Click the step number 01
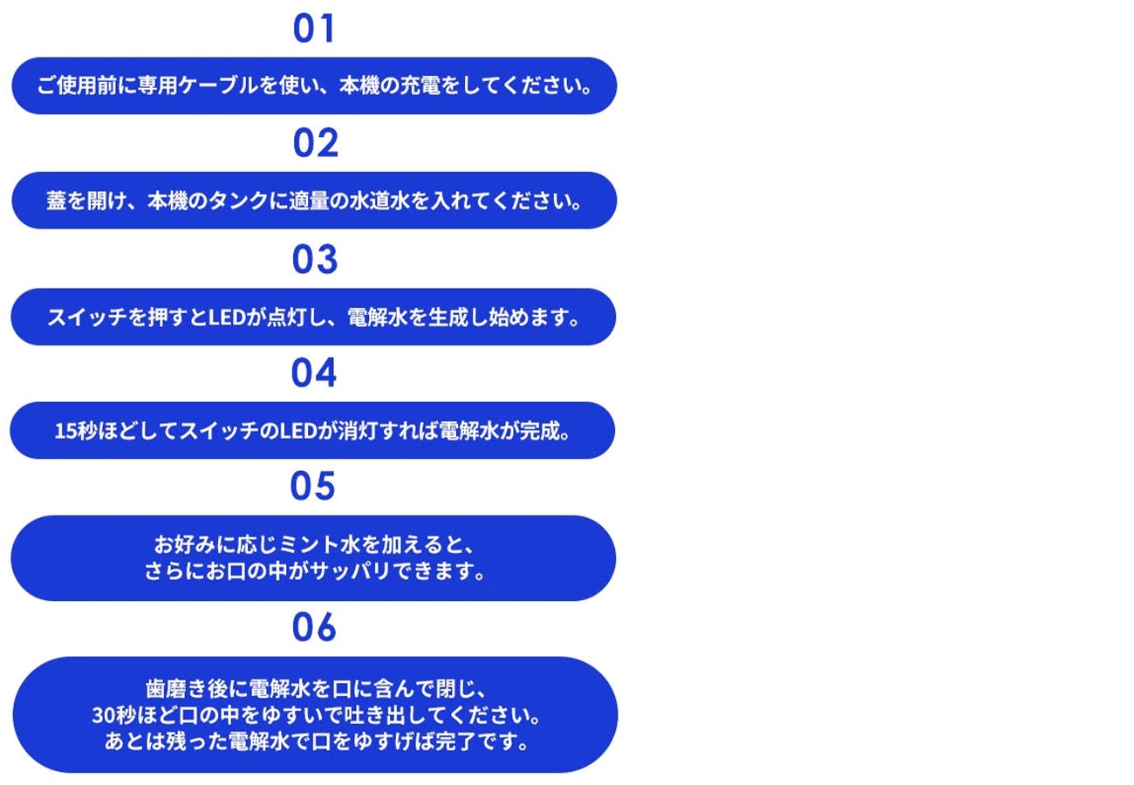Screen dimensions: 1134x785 314,28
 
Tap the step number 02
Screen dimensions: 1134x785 315,142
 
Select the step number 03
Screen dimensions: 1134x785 314,259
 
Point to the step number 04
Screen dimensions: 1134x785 313,372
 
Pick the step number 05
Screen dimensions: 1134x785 312,486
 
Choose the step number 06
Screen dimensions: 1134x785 313,627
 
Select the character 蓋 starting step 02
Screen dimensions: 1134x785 57,201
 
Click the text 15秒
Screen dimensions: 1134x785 75,431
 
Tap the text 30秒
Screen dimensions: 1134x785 113,716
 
